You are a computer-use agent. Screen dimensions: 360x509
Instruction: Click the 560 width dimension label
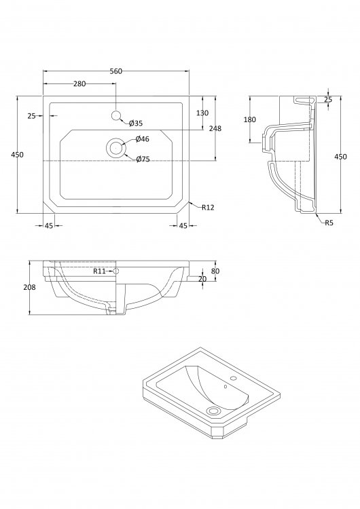[x=116, y=71]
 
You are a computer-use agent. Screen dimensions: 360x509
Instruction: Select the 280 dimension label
[x=79, y=83]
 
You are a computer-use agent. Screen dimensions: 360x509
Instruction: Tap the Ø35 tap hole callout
[x=136, y=124]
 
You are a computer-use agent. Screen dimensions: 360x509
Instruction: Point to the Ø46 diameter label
[x=143, y=139]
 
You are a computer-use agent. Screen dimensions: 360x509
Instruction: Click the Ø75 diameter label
[x=143, y=159]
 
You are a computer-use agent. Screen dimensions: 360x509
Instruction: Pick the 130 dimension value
[x=202, y=113]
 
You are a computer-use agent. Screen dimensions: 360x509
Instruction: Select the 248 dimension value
[x=215, y=128]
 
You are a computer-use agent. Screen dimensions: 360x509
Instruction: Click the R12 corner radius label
[x=208, y=208]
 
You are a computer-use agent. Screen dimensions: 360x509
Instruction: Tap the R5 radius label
[x=329, y=223]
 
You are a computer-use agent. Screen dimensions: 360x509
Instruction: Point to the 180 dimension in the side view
[x=250, y=119]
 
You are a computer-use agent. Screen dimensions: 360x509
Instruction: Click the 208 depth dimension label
[x=30, y=287]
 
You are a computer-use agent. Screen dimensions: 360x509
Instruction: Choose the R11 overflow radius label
[x=99, y=271]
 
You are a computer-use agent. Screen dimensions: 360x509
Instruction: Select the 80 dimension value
[x=215, y=271]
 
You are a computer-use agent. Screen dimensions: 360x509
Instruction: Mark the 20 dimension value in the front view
[x=202, y=279]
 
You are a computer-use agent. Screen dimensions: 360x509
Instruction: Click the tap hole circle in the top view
[x=116, y=115]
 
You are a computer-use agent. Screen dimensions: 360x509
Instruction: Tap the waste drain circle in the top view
[x=115, y=148]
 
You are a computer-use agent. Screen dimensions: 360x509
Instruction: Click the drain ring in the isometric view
[x=214, y=411]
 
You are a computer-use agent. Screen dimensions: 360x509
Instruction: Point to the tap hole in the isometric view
[x=232, y=378]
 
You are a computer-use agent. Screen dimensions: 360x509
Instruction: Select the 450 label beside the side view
[x=340, y=157]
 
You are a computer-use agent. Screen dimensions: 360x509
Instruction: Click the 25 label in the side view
[x=328, y=100]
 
